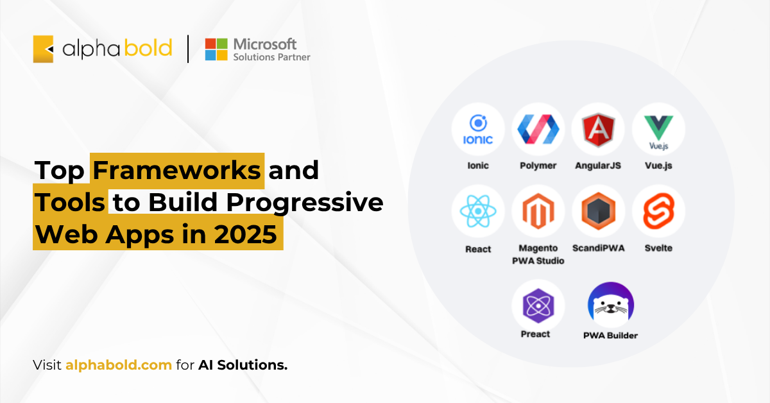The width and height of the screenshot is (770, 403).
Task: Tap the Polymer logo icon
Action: [x=538, y=129]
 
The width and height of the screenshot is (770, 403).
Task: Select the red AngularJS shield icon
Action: [x=598, y=130]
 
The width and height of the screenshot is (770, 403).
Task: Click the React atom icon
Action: [x=478, y=211]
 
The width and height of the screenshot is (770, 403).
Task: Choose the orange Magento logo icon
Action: [x=538, y=210]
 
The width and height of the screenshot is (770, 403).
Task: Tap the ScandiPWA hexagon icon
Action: [x=598, y=210]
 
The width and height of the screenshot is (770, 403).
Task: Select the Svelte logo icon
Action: [x=658, y=210]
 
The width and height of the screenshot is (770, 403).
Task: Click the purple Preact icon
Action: [x=538, y=305]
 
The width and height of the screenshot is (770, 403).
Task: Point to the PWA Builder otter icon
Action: [x=610, y=305]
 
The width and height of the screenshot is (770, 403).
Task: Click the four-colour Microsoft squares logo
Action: [x=216, y=49]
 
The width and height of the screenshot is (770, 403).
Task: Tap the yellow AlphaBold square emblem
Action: [x=43, y=49]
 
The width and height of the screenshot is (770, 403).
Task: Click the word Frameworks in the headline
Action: [x=176, y=170]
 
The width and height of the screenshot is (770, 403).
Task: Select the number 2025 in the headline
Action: [x=245, y=234]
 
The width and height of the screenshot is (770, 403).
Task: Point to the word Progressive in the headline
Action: [x=305, y=203]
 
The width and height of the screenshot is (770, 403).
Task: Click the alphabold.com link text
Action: [x=119, y=365]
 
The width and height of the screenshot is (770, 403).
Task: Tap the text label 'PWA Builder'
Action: [x=610, y=336]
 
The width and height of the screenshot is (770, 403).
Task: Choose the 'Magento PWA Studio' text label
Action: [x=538, y=255]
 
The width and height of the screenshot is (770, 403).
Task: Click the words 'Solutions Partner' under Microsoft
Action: [x=271, y=57]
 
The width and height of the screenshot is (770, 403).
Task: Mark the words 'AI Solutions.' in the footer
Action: [x=243, y=365]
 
